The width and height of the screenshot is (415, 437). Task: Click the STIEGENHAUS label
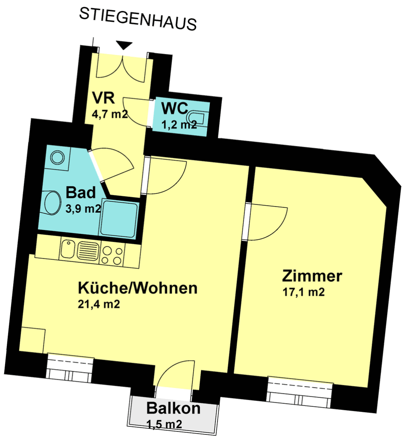(x=138, y=19)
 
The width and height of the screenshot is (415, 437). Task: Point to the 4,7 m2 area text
(x=110, y=114)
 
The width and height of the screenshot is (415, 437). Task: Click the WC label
(x=175, y=108)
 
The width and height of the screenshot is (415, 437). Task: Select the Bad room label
(x=81, y=192)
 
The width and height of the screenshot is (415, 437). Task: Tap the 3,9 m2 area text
(x=83, y=208)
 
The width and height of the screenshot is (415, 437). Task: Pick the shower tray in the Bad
(x=119, y=218)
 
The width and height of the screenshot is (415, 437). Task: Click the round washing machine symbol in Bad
(x=57, y=157)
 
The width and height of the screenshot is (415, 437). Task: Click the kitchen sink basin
(x=68, y=249)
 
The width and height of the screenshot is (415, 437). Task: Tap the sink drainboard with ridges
(x=88, y=251)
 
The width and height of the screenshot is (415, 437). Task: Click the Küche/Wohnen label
(x=138, y=288)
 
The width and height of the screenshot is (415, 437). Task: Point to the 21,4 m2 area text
(x=99, y=304)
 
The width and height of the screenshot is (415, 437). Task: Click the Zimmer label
(x=312, y=276)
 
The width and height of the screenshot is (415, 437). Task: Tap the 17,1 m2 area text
(x=303, y=292)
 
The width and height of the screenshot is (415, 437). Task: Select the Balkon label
(x=174, y=408)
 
